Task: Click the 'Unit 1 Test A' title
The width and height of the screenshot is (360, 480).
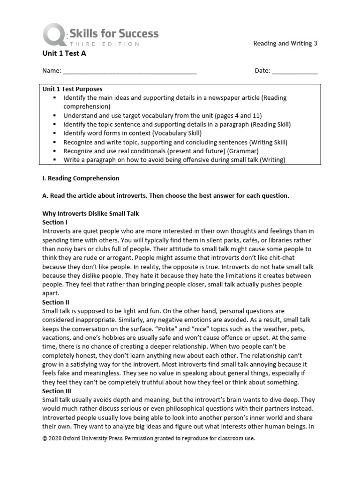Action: pos(64,53)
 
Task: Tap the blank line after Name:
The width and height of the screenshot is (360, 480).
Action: pos(129,71)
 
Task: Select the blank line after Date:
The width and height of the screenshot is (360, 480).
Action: pos(294,71)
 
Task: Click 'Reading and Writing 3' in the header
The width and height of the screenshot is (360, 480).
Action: pos(285,44)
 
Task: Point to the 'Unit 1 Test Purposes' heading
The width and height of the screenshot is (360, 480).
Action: pos(72,89)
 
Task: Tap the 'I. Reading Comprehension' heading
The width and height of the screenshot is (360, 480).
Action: pos(81,178)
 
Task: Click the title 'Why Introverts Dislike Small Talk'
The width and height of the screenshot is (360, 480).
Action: pos(90,213)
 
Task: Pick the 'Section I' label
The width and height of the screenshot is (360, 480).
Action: pos(55,222)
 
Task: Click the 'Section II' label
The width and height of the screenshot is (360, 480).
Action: pos(56,302)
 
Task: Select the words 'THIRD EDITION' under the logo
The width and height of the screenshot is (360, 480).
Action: pos(104,44)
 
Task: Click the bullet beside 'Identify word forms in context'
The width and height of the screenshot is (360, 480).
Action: pos(55,133)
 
